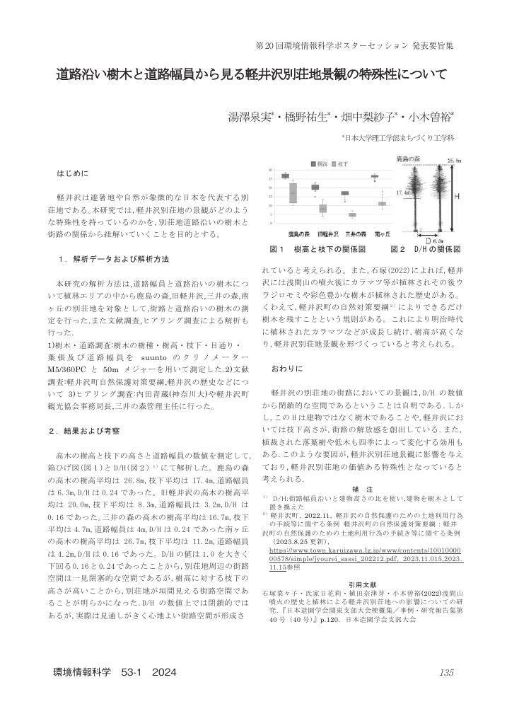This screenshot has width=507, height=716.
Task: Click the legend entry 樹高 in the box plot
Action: click(320, 163)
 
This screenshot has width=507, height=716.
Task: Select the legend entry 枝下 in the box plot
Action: click(343, 163)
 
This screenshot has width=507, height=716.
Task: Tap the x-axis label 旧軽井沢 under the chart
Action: click(325, 233)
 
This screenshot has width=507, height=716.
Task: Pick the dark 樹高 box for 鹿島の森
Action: click(285, 176)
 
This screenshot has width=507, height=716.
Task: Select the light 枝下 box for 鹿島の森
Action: click(293, 193)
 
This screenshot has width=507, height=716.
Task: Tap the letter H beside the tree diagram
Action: click(456, 196)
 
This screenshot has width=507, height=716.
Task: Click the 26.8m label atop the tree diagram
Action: click(454, 161)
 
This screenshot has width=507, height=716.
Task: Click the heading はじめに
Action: click(73, 173)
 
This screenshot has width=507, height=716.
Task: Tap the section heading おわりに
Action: click(287, 369)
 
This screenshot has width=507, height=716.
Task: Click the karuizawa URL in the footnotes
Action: click(365, 548)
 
